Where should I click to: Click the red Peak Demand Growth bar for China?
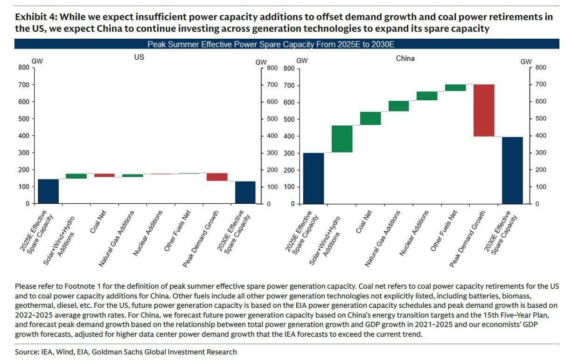tap(484, 111)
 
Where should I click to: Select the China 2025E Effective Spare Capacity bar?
tap(314, 178)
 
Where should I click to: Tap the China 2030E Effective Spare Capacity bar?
tap(512, 170)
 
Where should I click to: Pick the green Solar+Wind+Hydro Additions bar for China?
tap(342, 139)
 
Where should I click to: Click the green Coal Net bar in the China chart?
tap(370, 118)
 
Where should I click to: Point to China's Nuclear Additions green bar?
tap(427, 96)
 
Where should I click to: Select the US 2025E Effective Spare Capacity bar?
tap(49, 191)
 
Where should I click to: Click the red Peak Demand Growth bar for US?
tap(217, 177)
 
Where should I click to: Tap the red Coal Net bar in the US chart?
tap(105, 175)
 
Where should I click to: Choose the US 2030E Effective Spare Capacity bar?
tap(245, 192)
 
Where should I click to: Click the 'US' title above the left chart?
tap(139, 58)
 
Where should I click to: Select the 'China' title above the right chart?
tap(405, 59)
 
